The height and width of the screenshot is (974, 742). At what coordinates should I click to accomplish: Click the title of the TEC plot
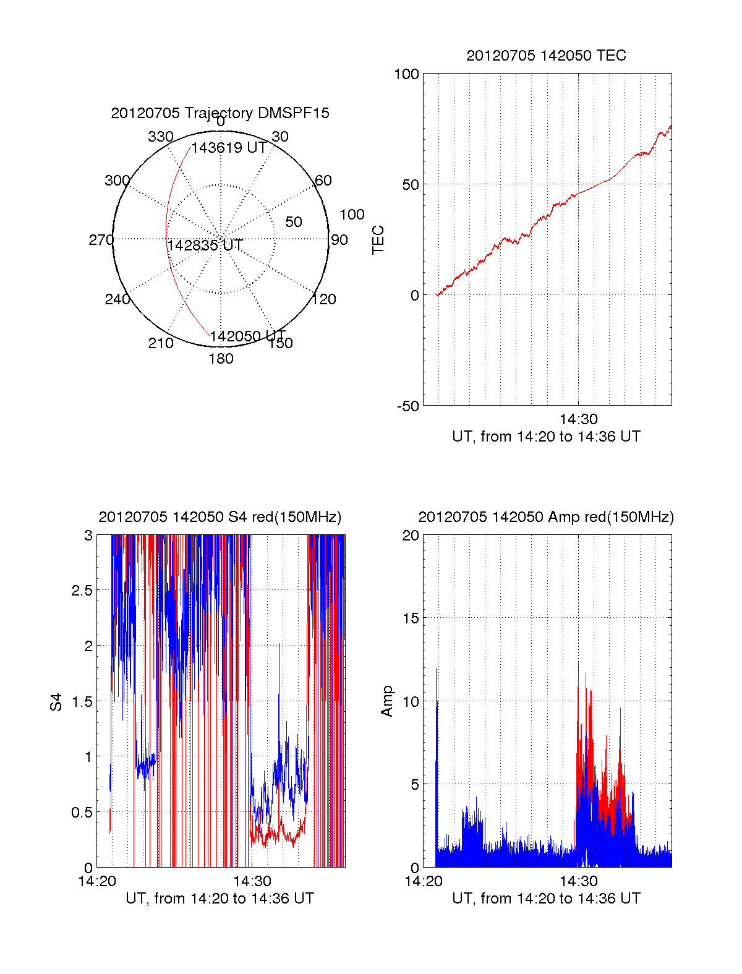pos(546,56)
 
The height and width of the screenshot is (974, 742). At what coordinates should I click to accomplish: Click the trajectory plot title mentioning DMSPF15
pos(220,113)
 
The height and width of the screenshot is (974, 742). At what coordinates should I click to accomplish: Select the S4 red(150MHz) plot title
pos(220,517)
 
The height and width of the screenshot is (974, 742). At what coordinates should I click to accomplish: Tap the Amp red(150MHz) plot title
pos(546,517)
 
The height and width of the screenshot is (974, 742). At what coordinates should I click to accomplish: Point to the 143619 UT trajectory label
pos(229,148)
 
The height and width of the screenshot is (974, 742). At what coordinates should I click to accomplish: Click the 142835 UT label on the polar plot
pos(205,246)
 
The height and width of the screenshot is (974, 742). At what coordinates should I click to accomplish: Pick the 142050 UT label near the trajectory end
pos(247,336)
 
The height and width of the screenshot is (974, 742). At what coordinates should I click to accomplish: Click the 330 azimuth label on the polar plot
pos(161,137)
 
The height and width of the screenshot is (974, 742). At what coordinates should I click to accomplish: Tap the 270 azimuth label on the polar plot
pos(101,240)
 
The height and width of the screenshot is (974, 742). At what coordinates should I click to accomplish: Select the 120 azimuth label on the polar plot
pos(324,299)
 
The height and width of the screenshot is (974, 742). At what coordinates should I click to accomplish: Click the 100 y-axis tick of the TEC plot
pos(406,74)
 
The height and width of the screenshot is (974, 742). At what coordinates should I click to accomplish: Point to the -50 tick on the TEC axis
pos(407,406)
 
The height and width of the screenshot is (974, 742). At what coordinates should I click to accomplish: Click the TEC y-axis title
pos(378,240)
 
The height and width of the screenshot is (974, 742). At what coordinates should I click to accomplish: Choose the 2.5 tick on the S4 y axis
pos(82,590)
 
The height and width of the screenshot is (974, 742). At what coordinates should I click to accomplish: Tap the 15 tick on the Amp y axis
pos(411,618)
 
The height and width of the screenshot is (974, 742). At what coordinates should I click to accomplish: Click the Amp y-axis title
pos(387,701)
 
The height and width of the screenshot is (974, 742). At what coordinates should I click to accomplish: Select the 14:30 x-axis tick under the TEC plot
pos(578,419)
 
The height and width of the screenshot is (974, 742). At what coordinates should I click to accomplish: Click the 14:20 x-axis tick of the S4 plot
pos(97,881)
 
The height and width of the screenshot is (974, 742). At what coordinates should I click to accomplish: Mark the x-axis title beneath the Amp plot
pos(546,899)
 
